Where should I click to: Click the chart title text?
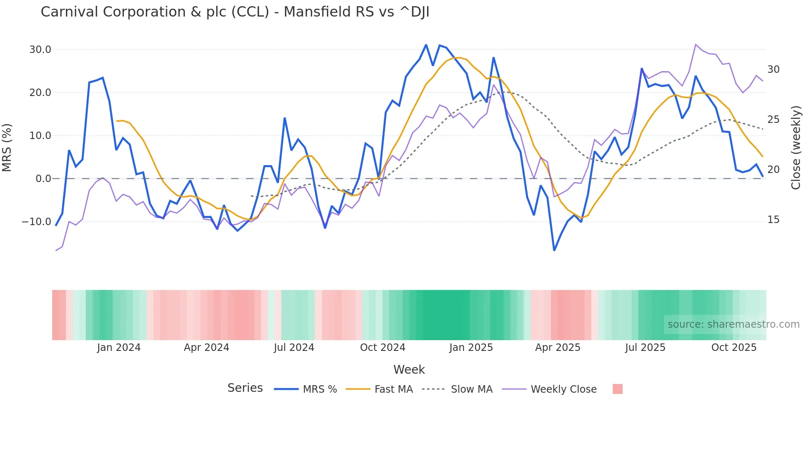[x=235, y=12]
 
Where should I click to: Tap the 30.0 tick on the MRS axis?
[x=40, y=50]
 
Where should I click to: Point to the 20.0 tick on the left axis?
[x=40, y=93]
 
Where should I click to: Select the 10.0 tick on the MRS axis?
[x=40, y=136]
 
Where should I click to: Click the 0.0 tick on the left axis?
[x=43, y=179]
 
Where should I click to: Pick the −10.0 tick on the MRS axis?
[x=36, y=222]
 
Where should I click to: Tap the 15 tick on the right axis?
[x=773, y=220]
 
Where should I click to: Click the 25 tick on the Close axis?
[x=773, y=120]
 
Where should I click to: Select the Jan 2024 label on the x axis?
[x=119, y=348]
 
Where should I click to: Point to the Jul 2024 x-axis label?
[x=294, y=348]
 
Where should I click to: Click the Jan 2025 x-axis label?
[x=471, y=348]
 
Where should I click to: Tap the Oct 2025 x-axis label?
[x=734, y=348]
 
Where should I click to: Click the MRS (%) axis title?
[x=7, y=147]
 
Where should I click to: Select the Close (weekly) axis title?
[x=795, y=147]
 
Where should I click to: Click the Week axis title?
[x=409, y=370]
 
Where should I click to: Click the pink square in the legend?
[x=617, y=389]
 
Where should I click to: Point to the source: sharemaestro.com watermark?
[x=733, y=324]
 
